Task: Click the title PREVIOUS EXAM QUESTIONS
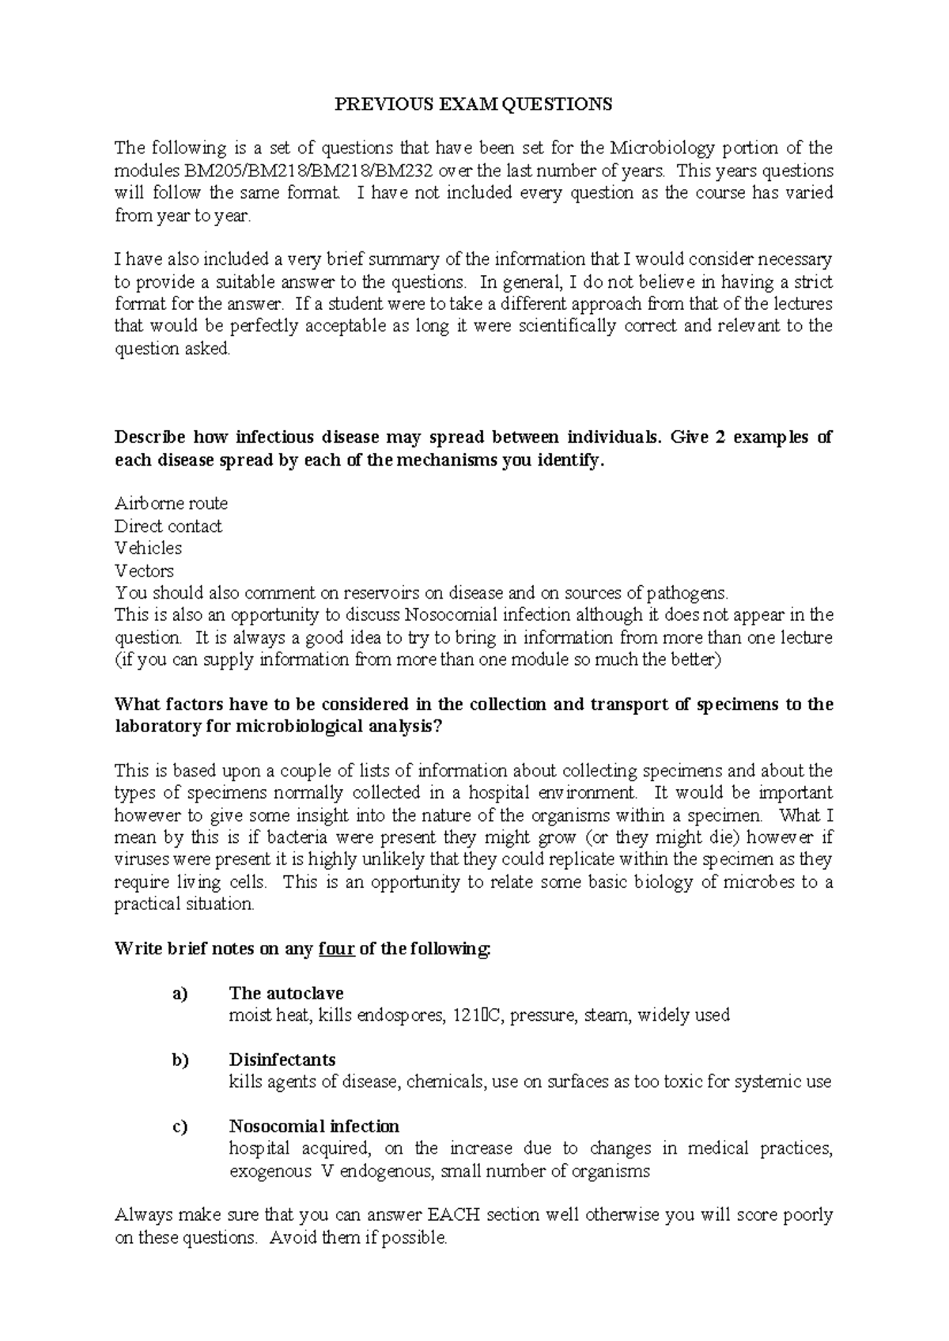pyautogui.click(x=474, y=104)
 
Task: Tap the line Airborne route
pyautogui.click(x=171, y=504)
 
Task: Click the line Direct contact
pyautogui.click(x=168, y=527)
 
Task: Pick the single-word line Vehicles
pyautogui.click(x=148, y=548)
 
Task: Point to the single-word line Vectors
pyautogui.click(x=144, y=571)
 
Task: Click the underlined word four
pyautogui.click(x=336, y=949)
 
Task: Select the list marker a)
pyautogui.click(x=180, y=994)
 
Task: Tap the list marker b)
pyautogui.click(x=180, y=1060)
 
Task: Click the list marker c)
pyautogui.click(x=180, y=1127)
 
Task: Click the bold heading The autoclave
pyautogui.click(x=285, y=993)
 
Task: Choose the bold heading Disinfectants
pyautogui.click(x=282, y=1060)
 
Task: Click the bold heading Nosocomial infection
pyautogui.click(x=314, y=1126)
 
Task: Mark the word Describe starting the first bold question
pyautogui.click(x=149, y=438)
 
